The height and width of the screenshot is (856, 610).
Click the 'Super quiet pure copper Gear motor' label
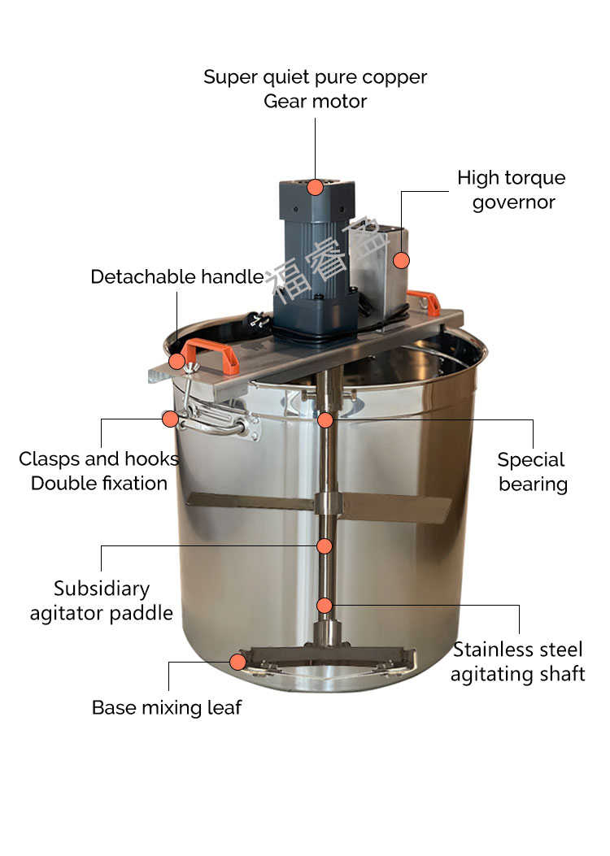315,89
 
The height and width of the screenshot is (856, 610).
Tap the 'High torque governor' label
512,189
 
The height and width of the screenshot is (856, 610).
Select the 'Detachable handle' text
177,276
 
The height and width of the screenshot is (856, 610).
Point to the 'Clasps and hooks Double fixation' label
99,471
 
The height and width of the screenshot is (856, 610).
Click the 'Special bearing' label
533,472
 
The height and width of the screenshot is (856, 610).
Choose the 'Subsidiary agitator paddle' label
102,601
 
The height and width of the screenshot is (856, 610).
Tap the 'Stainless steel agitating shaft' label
518,662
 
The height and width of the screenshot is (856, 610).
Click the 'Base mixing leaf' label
167,707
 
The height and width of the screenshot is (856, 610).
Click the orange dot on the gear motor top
315,187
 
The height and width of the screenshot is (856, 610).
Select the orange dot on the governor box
402,260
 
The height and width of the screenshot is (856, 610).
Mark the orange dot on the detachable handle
177,361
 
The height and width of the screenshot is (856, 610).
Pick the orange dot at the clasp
170,419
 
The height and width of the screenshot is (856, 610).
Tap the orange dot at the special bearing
325,419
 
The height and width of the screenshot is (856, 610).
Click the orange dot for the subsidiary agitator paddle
325,546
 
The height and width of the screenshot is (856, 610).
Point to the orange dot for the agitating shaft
325,606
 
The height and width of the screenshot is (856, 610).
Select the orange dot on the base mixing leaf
237,663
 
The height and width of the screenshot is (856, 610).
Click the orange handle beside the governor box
424,302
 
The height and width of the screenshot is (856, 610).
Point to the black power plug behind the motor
257,320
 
